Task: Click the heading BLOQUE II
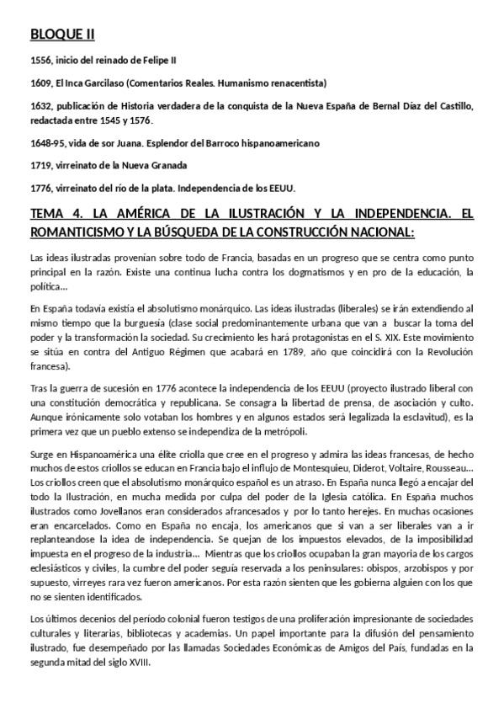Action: (62, 34)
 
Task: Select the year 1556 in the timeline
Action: (40, 61)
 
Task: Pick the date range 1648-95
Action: (45, 143)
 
